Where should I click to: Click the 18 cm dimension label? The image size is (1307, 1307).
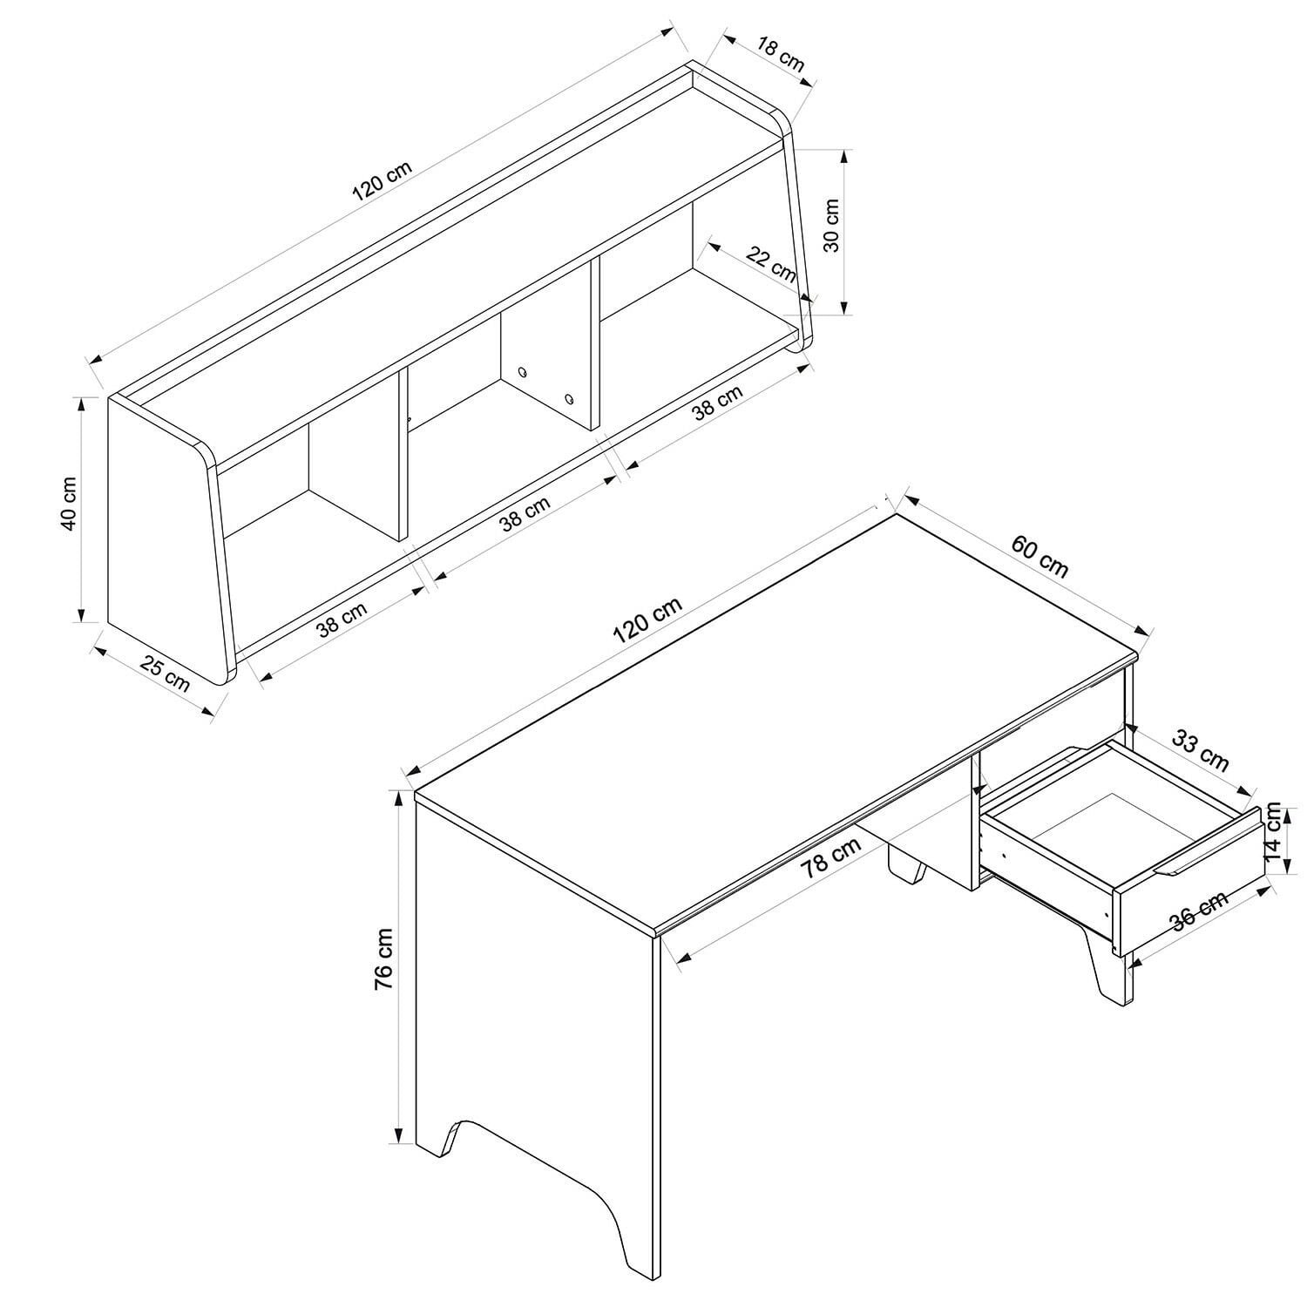point(780,53)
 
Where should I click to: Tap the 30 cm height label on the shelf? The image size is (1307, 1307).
point(832,226)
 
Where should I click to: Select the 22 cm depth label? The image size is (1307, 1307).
point(772,265)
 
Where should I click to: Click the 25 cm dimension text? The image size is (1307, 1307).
point(166,675)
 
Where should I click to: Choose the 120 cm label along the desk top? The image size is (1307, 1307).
point(647,620)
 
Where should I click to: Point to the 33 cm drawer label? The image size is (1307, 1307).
point(1200,751)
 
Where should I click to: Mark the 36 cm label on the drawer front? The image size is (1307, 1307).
point(1199,911)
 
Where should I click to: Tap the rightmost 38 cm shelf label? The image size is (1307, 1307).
point(718,403)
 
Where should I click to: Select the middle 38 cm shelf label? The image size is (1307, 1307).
point(525,514)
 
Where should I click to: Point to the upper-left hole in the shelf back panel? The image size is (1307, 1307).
point(523,372)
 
